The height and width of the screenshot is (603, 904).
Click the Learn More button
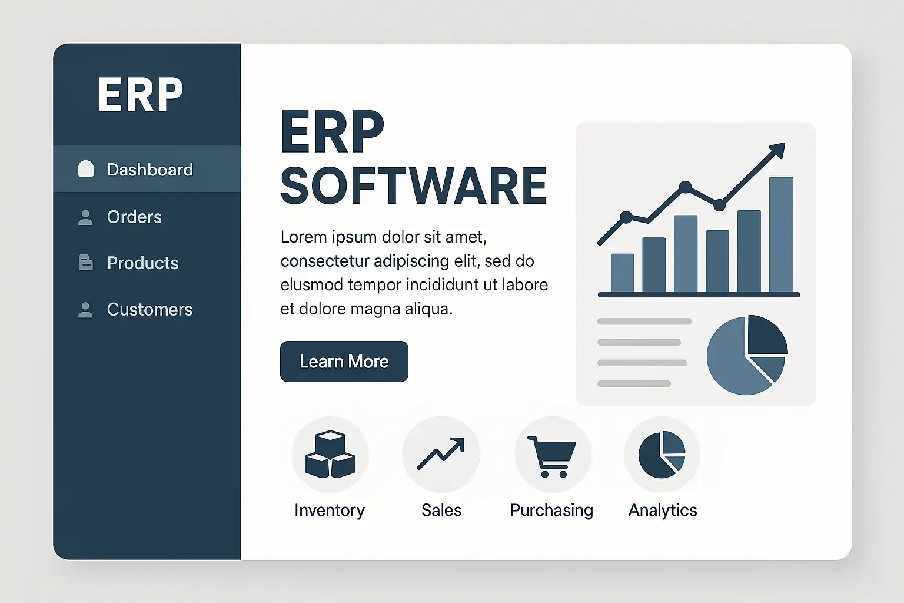pyautogui.click(x=344, y=362)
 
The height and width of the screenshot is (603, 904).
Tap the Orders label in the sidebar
pyautogui.click(x=134, y=217)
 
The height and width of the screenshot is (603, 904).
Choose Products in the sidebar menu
pyautogui.click(x=142, y=263)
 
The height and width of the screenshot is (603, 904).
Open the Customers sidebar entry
pyautogui.click(x=149, y=309)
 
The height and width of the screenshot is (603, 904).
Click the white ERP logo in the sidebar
pyautogui.click(x=141, y=94)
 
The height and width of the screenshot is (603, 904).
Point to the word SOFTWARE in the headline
pyautogui.click(x=414, y=185)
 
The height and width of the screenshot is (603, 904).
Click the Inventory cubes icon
pyautogui.click(x=330, y=454)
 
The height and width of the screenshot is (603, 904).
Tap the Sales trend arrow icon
pyautogui.click(x=441, y=453)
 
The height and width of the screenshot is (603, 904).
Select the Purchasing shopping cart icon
pyautogui.click(x=551, y=456)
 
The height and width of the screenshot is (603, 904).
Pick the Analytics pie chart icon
pyautogui.click(x=662, y=455)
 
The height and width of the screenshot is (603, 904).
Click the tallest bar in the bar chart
pyautogui.click(x=782, y=234)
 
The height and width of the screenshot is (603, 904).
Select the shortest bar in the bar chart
pyautogui.click(x=622, y=273)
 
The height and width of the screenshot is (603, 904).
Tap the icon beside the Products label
pyautogui.click(x=85, y=263)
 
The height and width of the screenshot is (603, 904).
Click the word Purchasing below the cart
pyautogui.click(x=551, y=511)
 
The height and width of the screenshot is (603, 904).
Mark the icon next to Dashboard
pyautogui.click(x=85, y=169)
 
